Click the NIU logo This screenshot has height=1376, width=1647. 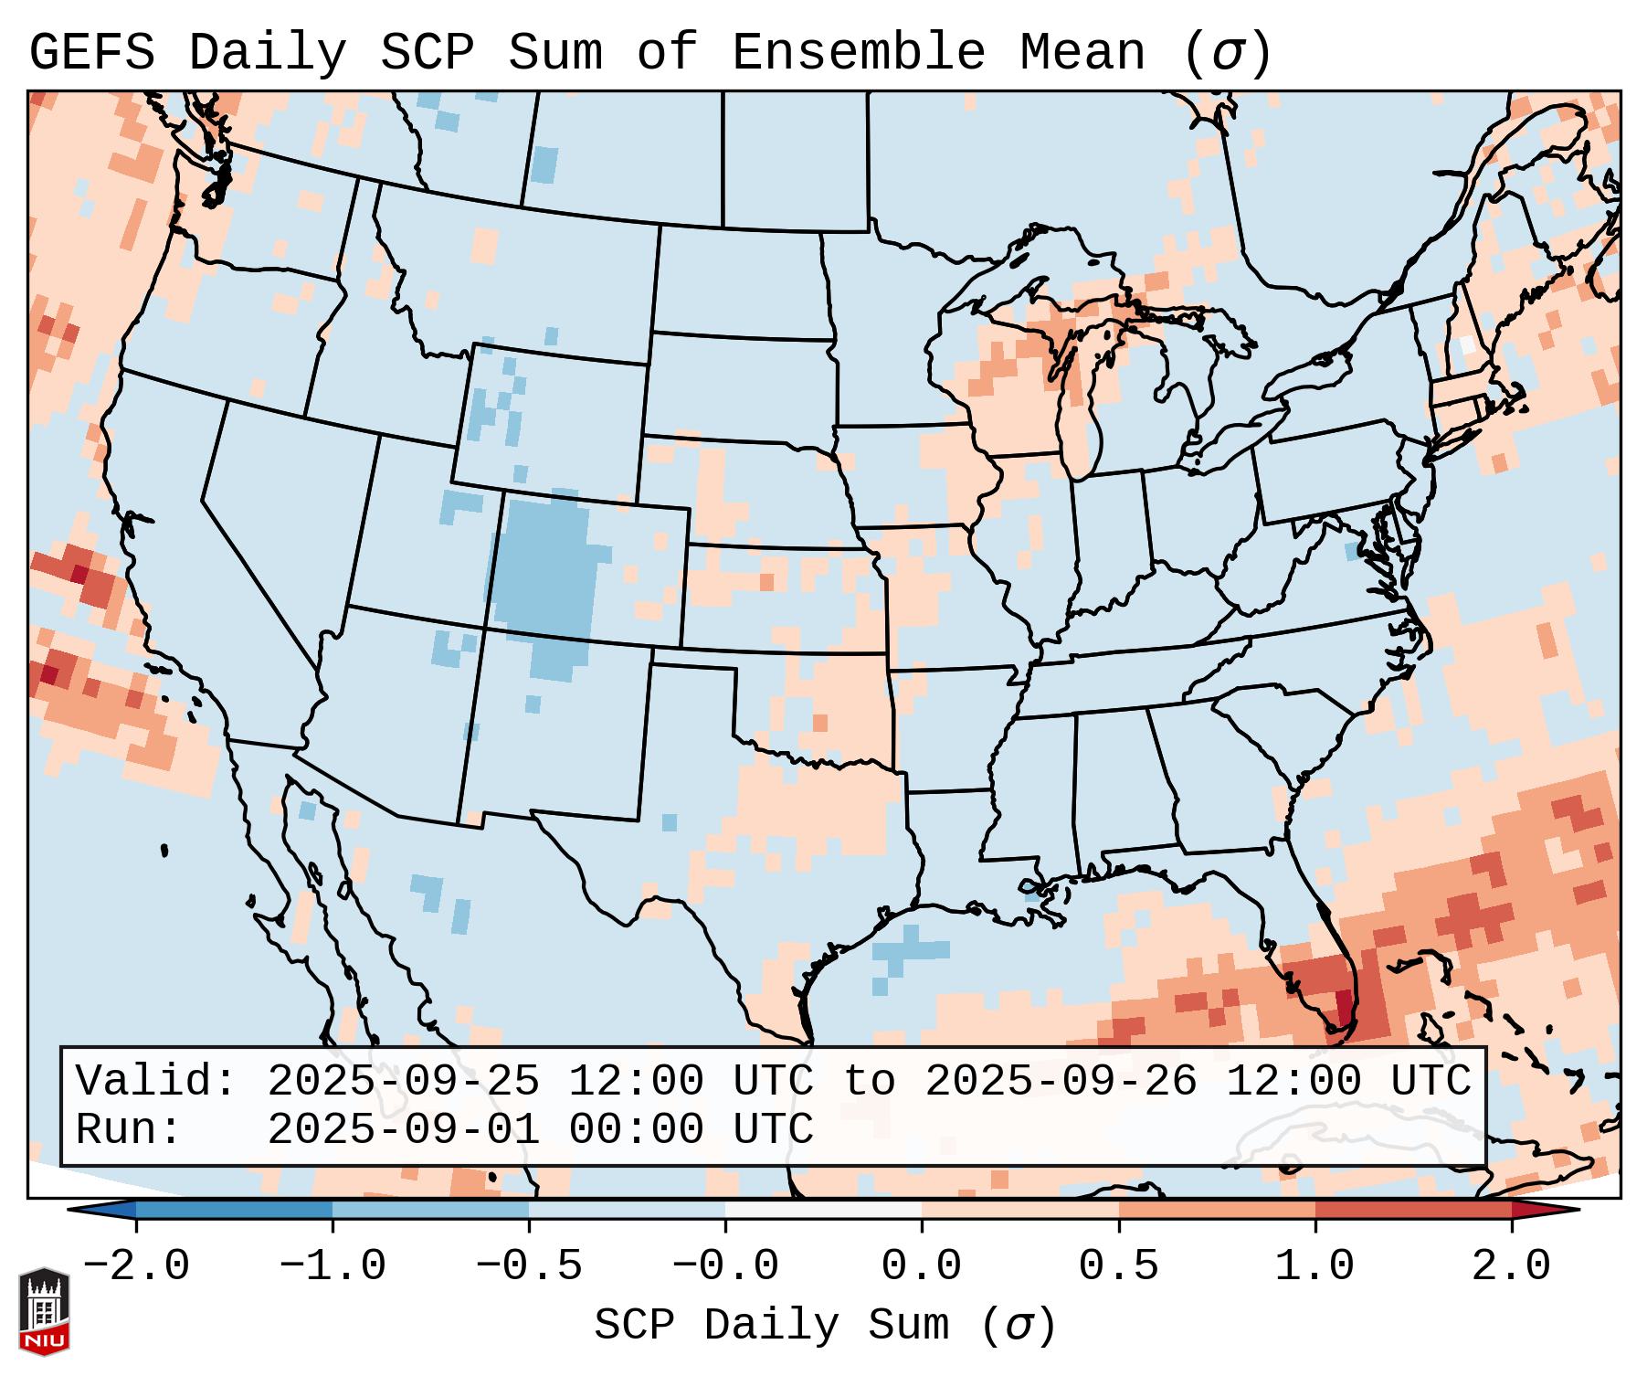[x=44, y=1311]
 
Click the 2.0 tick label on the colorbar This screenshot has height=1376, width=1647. [x=1511, y=1266]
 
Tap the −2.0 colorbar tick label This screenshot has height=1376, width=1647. [x=136, y=1266]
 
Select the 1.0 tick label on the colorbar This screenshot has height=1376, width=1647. [x=1314, y=1266]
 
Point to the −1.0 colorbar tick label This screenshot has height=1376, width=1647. [x=333, y=1266]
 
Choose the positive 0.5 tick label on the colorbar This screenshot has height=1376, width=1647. [x=1118, y=1266]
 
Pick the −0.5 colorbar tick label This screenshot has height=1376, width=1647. [x=529, y=1266]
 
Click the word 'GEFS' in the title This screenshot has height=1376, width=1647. [x=91, y=52]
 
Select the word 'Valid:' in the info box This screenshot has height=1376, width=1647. [x=156, y=1081]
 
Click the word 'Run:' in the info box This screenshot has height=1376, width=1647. [x=129, y=1129]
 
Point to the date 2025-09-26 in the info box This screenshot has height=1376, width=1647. [x=1061, y=1081]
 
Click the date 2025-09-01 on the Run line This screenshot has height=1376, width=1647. [x=403, y=1129]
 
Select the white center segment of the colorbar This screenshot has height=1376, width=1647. [x=823, y=1210]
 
